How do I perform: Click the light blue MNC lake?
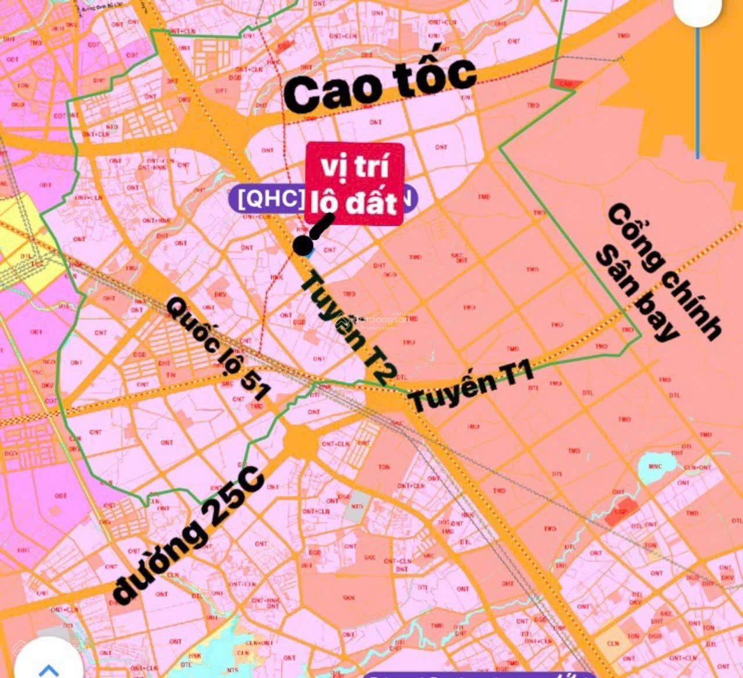(655, 467)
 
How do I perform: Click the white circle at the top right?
(701, 10)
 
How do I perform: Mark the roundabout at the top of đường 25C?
(301, 441)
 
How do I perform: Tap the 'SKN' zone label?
(349, 597)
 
